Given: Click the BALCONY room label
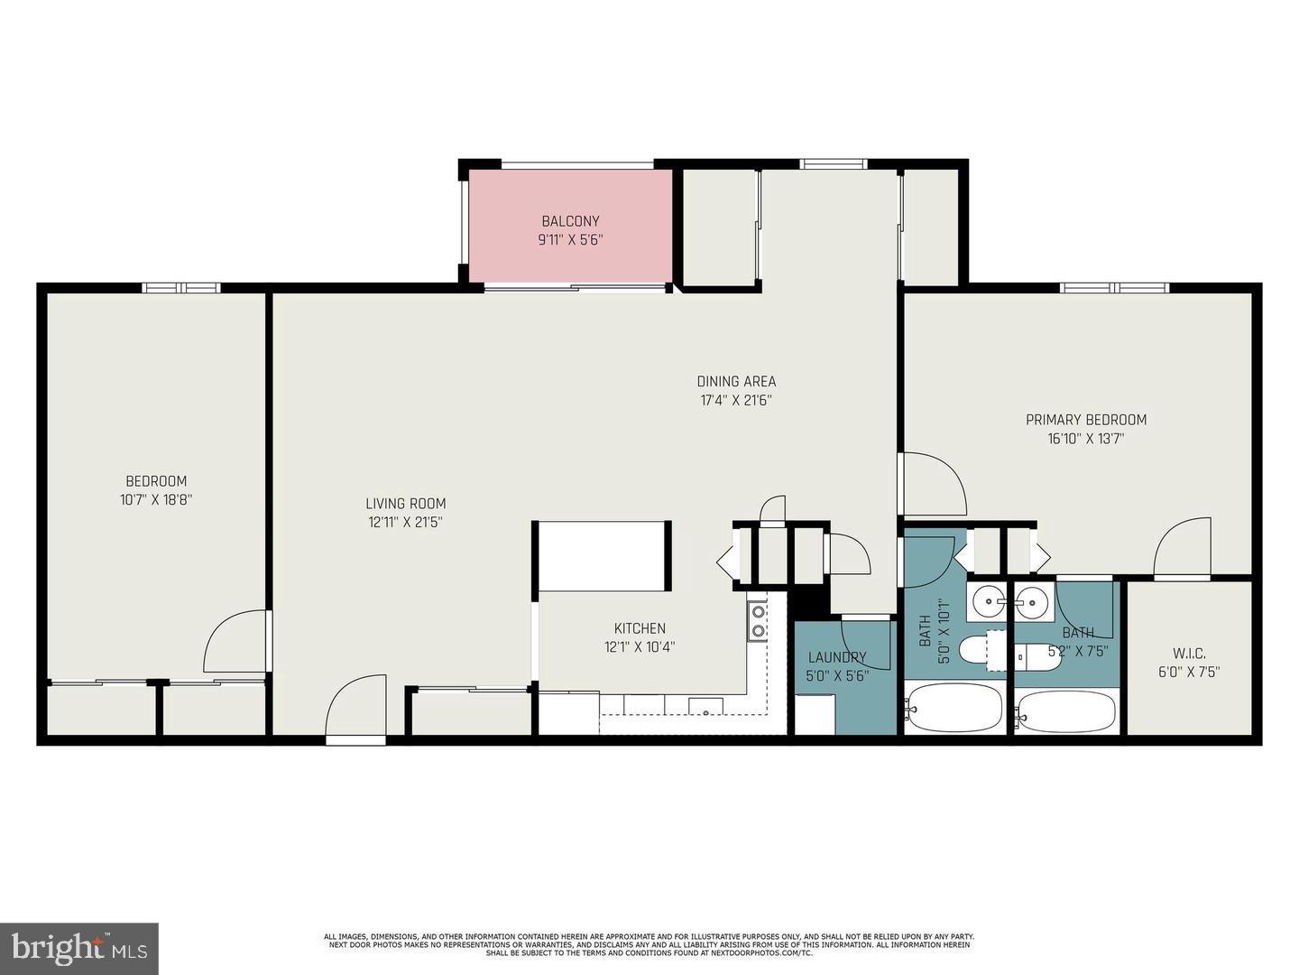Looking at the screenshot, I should pos(570,221).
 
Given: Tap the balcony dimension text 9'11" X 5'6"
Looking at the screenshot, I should pos(570,240).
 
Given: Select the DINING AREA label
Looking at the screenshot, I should pos(736,381).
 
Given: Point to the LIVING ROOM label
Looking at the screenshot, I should pos(405,504).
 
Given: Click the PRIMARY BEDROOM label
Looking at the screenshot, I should pos(1086,420).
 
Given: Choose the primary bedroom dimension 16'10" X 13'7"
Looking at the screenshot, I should pos(1086,440).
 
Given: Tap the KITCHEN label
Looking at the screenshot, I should pos(640,628).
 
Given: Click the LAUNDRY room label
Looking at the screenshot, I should pos(836,657).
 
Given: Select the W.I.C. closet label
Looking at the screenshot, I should pos(1189,653).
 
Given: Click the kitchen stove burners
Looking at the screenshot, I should pos(758,620).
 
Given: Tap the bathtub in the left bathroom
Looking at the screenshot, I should pos(954,707).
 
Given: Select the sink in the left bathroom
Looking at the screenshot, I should pos(990,599).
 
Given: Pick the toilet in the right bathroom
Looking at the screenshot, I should pos(1038,657).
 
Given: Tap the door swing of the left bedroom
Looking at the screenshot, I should pos(236,643).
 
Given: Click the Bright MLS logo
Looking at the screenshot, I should pos(79,948).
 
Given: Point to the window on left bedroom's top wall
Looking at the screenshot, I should pos(180,288).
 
